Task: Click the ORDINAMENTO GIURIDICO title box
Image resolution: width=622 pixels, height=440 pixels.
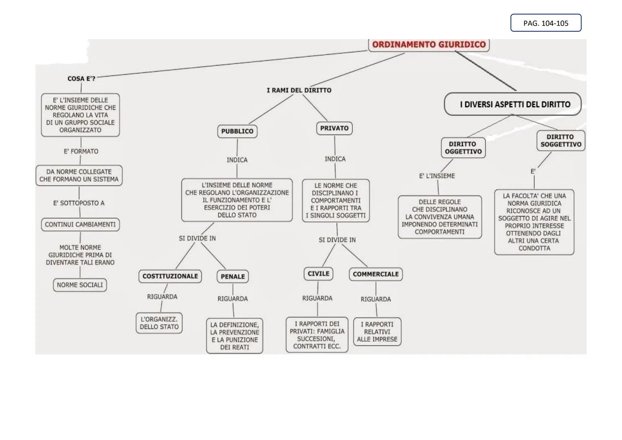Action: coord(429,44)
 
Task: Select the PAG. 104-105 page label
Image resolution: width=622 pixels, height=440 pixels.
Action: coord(545,23)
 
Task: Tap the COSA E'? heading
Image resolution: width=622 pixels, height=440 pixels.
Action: coord(81,79)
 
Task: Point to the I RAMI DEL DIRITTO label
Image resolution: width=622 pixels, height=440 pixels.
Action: coord(299,90)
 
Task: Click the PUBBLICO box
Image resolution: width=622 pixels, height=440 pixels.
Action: coord(237,131)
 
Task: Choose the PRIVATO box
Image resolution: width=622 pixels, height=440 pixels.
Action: coord(334,128)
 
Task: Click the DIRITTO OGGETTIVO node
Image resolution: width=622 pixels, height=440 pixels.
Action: coord(463,147)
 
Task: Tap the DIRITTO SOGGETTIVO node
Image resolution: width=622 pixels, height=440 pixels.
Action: coord(560,141)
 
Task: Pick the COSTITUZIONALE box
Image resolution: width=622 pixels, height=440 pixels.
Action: coord(170,276)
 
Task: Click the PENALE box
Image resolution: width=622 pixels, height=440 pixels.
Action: coord(233,277)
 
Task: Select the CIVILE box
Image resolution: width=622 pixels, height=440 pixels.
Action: coord(318,274)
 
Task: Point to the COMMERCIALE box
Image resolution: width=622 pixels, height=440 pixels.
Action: coord(376,274)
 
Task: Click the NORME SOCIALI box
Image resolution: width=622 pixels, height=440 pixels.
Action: coord(80,285)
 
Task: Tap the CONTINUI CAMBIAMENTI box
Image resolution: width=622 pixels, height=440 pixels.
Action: coord(80,224)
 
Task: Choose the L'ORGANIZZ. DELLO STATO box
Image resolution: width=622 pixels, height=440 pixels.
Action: coord(159,323)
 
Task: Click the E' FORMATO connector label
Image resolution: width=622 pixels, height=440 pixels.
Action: coord(81,151)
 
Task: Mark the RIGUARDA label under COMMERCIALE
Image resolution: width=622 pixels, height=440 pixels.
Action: coord(376,299)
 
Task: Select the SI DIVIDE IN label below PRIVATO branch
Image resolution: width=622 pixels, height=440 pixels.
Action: coord(337,240)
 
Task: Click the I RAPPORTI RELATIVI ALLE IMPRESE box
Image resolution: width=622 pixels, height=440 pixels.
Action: coord(377,332)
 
